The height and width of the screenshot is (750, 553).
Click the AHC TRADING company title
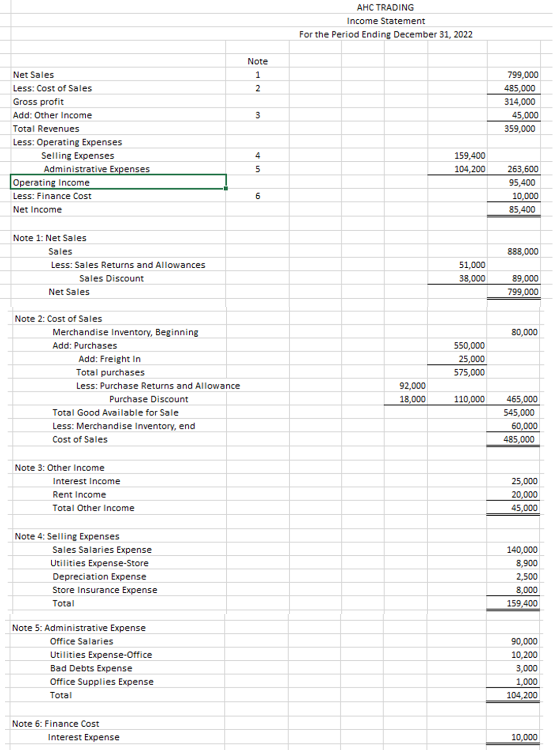(x=385, y=8)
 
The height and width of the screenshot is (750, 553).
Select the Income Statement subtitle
(x=386, y=21)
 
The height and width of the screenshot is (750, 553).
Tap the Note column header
(x=257, y=61)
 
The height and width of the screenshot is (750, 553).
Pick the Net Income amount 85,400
(x=522, y=209)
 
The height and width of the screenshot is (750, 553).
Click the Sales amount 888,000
(x=523, y=252)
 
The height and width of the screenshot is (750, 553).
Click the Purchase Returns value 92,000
(x=412, y=386)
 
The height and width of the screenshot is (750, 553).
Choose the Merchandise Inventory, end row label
(x=124, y=426)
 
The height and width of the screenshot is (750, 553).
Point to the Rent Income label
(x=79, y=494)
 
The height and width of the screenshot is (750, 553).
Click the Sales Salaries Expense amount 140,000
(x=522, y=550)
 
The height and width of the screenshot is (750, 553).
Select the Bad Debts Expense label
(x=91, y=668)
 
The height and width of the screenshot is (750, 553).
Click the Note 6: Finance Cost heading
(x=55, y=724)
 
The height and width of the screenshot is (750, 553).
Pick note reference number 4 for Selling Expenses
(x=257, y=156)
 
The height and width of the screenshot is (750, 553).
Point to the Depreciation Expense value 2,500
(x=527, y=577)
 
